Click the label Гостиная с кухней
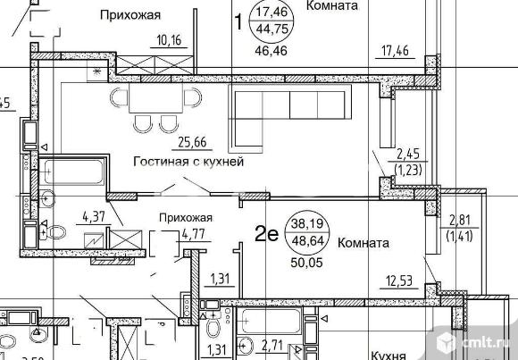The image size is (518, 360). click(x=188, y=163)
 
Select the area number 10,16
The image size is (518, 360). click(x=168, y=39)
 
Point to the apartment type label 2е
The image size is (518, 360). click(x=266, y=235)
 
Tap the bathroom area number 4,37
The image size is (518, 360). click(x=94, y=216)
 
